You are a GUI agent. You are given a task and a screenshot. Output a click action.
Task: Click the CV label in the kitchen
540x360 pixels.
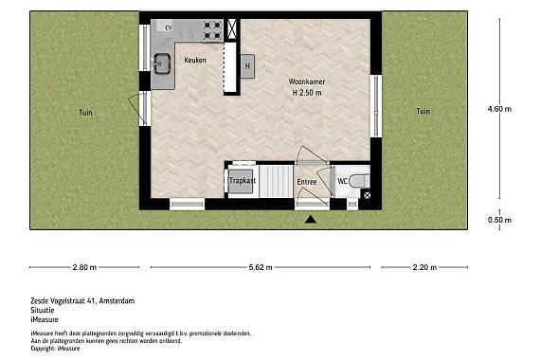pos(170,28)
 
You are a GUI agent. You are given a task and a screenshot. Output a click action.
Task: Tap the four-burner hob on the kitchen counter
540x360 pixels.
pos(213,29)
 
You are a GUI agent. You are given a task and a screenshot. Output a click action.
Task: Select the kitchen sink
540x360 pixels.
pos(162,64)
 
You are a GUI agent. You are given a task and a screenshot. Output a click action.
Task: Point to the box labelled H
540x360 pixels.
pos(247,65)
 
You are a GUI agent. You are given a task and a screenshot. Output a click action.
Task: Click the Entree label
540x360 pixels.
pos(307,181)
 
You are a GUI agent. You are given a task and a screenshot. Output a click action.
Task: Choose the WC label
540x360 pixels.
pos(342,180)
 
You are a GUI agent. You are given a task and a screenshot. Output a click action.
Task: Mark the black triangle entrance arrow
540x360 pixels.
pos(311,220)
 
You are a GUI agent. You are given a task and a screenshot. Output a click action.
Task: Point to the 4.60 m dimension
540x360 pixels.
pos(499,109)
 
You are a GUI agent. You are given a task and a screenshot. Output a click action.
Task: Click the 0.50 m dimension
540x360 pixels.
pos(499,220)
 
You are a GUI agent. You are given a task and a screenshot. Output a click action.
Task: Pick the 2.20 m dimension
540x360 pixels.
pos(423,268)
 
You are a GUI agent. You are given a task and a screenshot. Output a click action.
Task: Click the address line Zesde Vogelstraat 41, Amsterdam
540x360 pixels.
pos(82,301)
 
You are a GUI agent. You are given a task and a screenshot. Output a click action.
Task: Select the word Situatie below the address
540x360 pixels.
pos(45,311)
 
